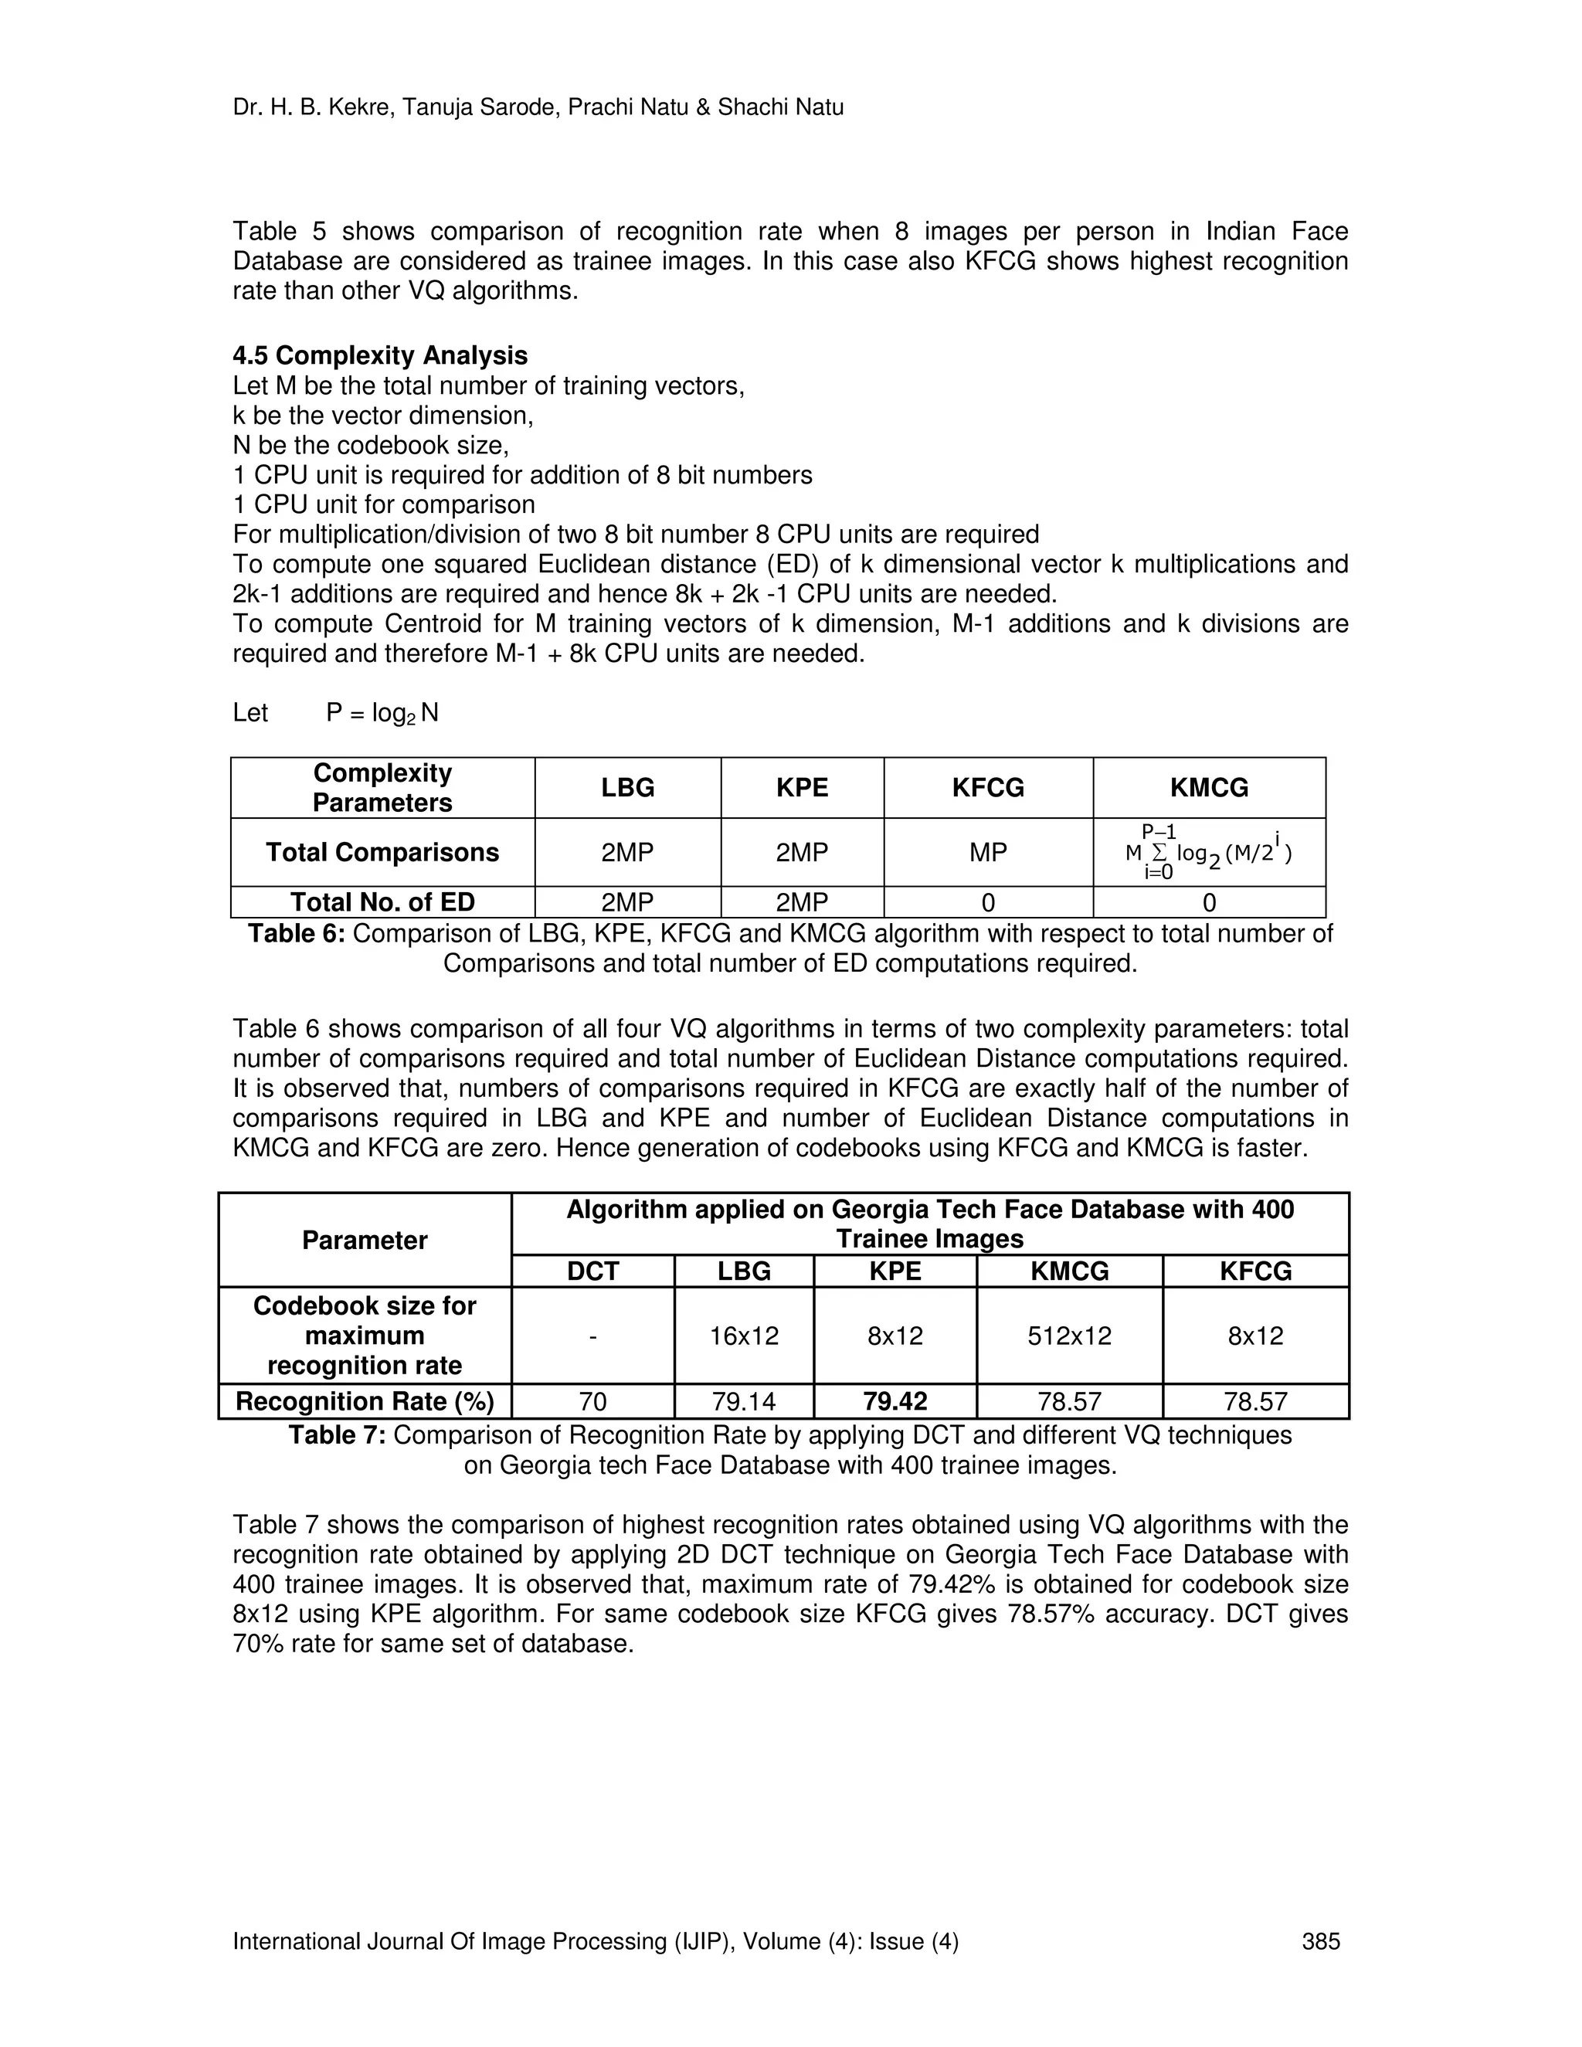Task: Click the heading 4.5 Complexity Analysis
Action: pos(379,355)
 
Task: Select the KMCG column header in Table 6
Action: pos(1208,787)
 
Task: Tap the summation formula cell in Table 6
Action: pos(1208,852)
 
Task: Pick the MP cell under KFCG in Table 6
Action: pos(988,852)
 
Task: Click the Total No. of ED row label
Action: pos(382,901)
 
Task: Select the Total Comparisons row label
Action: pos(382,852)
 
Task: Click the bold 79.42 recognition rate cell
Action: pos(895,1401)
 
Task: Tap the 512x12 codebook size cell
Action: pos(1069,1336)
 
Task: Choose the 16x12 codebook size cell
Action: pos(744,1336)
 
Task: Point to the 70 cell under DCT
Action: pos(593,1401)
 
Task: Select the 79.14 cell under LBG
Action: pos(744,1401)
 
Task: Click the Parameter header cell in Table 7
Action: pos(365,1240)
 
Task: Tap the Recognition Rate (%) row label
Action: pos(365,1401)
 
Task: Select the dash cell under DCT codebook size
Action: pos(593,1336)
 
